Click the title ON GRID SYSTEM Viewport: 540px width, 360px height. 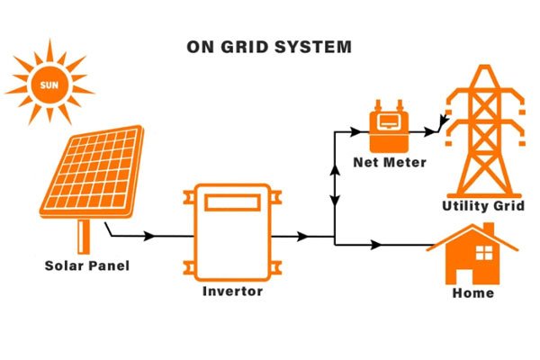click(x=269, y=46)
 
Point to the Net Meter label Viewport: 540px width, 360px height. click(x=389, y=163)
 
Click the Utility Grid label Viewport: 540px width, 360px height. click(x=482, y=206)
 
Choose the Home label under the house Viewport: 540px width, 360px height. click(x=473, y=292)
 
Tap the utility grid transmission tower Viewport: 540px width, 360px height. click(x=483, y=130)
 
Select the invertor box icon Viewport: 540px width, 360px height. click(x=232, y=232)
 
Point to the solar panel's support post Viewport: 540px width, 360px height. click(x=85, y=235)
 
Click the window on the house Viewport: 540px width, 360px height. click(x=485, y=251)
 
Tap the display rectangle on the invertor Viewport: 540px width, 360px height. click(x=232, y=202)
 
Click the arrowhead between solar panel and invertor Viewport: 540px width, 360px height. click(x=149, y=237)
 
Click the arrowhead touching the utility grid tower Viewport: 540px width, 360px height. click(x=441, y=125)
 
